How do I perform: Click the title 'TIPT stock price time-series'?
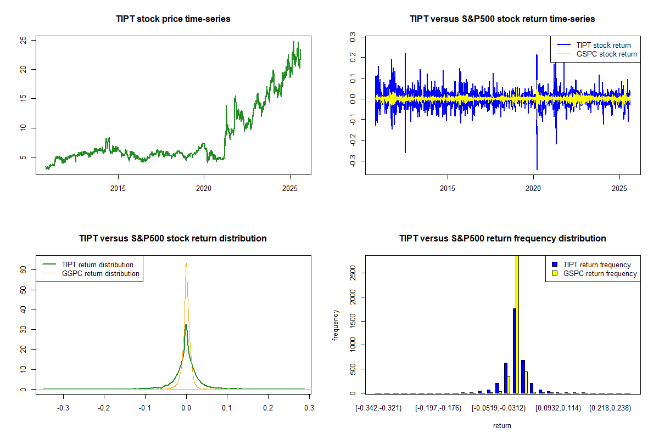pos(173,19)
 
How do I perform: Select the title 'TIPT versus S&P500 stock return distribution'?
pos(173,239)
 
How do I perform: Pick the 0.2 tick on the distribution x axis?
pos(268,408)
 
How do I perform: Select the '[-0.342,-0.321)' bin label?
pos(378,408)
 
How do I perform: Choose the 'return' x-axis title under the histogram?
pos(502,425)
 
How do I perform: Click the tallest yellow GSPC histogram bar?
pos(517,324)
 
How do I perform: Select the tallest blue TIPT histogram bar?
pos(514,351)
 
